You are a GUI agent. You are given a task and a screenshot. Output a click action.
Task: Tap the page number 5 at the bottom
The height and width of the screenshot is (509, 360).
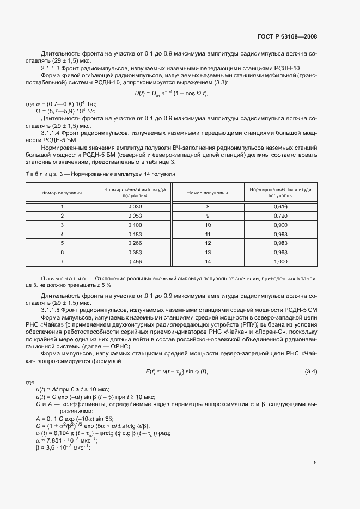click(315, 463)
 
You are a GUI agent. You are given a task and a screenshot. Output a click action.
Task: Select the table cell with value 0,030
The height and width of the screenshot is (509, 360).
click(135, 206)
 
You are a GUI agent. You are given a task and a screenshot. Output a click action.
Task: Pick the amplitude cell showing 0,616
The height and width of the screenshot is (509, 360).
click(280, 206)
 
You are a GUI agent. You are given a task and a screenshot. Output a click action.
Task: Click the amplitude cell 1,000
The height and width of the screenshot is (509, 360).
click(280, 262)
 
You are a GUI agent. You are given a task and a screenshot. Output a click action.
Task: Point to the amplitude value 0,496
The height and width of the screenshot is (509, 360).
click(135, 262)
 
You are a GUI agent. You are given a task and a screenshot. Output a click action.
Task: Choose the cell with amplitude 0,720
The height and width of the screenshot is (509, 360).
click(280, 216)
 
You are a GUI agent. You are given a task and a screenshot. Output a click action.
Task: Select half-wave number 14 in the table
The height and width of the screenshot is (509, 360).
click(208, 262)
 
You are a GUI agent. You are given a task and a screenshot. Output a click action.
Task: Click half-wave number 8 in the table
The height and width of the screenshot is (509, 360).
click(208, 206)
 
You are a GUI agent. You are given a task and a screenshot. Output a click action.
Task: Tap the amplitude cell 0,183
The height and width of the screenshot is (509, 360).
click(135, 234)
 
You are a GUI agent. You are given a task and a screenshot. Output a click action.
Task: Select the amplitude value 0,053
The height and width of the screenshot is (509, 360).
click(135, 216)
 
